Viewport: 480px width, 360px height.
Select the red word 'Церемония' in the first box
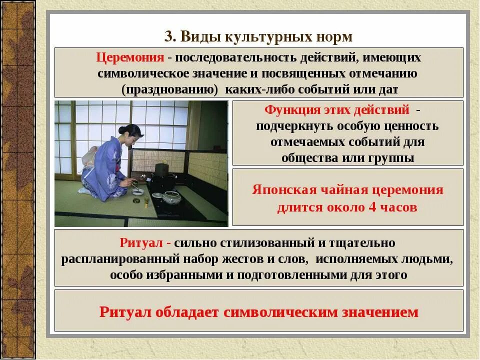pyautogui.click(x=130, y=57)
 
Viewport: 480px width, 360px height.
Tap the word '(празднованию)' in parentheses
pyautogui.click(x=169, y=89)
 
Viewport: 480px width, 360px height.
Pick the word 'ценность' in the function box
pyautogui.click(x=414, y=126)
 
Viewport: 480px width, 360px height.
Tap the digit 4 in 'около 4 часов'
pyautogui.click(x=371, y=207)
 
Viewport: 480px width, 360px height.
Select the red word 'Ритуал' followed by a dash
pyautogui.click(x=142, y=243)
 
